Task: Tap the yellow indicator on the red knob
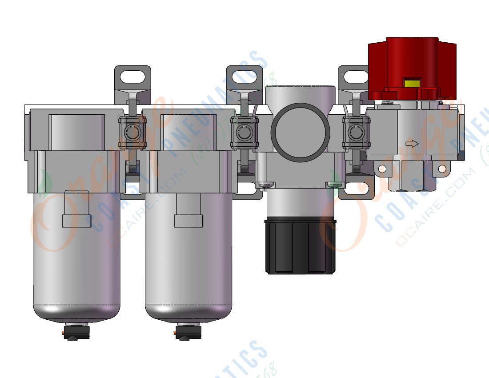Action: coord(412,83)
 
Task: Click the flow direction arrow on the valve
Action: coord(413,144)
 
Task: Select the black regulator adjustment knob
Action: coord(300,247)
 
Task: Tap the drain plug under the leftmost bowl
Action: coord(76,332)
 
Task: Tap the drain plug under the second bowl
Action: coord(188,332)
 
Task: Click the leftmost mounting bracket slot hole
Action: coord(132,76)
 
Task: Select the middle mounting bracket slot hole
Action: coord(244,76)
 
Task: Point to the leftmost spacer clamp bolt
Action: coord(132,132)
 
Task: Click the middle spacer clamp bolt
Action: coord(244,132)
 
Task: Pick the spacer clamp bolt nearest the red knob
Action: coord(356,132)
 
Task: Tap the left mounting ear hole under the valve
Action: coord(381,169)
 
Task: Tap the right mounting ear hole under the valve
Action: coord(442,169)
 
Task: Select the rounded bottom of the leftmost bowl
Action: coord(76,311)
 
